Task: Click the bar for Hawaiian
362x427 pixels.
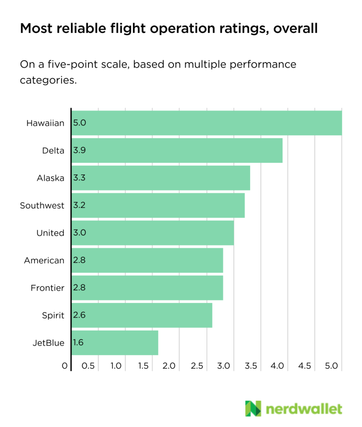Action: click(207, 123)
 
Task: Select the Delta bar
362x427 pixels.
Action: click(177, 150)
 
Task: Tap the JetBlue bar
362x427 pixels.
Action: click(115, 343)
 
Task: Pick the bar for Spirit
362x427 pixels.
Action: click(142, 315)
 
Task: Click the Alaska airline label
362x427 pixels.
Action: click(51, 178)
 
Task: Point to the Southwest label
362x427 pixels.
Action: click(42, 206)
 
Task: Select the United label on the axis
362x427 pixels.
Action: click(50, 233)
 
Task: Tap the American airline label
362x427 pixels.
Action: click(44, 260)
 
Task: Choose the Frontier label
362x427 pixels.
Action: click(47, 288)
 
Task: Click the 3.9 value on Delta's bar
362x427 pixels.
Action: click(79, 150)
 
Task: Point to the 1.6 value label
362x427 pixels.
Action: click(79, 343)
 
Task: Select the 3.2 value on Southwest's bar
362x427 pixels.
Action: click(79, 206)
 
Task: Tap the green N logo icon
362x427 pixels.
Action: click(253, 408)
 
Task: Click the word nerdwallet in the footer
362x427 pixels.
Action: click(304, 408)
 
